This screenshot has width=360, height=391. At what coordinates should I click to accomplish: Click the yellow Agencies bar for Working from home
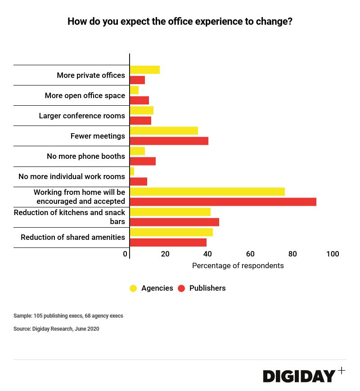[x=207, y=192]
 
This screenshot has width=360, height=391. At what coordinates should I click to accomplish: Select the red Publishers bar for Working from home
[x=223, y=202]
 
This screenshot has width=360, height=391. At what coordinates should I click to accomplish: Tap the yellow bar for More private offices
[x=145, y=70]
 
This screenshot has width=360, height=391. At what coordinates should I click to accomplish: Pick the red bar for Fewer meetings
[x=169, y=141]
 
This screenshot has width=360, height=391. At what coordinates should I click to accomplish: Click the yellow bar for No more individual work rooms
[x=132, y=171]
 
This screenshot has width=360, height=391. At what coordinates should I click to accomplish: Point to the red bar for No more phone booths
[x=143, y=161]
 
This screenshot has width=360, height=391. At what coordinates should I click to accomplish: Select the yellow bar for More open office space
[x=134, y=90]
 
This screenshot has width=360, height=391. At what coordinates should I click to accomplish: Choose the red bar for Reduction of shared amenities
[x=168, y=243]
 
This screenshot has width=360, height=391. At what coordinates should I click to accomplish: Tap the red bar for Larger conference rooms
[x=140, y=121]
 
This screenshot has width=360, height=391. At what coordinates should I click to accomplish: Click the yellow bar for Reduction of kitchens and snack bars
[x=170, y=212]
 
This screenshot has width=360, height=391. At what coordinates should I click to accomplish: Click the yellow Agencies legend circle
[x=133, y=288]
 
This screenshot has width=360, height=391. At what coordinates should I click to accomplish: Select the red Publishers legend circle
[x=181, y=288]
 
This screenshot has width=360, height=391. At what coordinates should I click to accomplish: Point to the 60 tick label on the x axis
[x=250, y=254]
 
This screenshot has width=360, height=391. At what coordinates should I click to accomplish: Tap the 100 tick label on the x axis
[x=333, y=254]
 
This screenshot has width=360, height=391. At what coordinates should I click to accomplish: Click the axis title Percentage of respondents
[x=238, y=266]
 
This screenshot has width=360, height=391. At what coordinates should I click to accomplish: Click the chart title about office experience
[x=180, y=22]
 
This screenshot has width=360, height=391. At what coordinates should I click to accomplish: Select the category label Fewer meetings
[x=98, y=136]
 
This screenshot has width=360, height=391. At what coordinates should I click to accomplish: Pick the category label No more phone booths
[x=86, y=156]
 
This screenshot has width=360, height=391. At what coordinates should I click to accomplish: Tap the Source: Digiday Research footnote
[x=56, y=329]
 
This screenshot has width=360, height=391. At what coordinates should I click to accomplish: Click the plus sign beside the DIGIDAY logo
[x=342, y=371]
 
